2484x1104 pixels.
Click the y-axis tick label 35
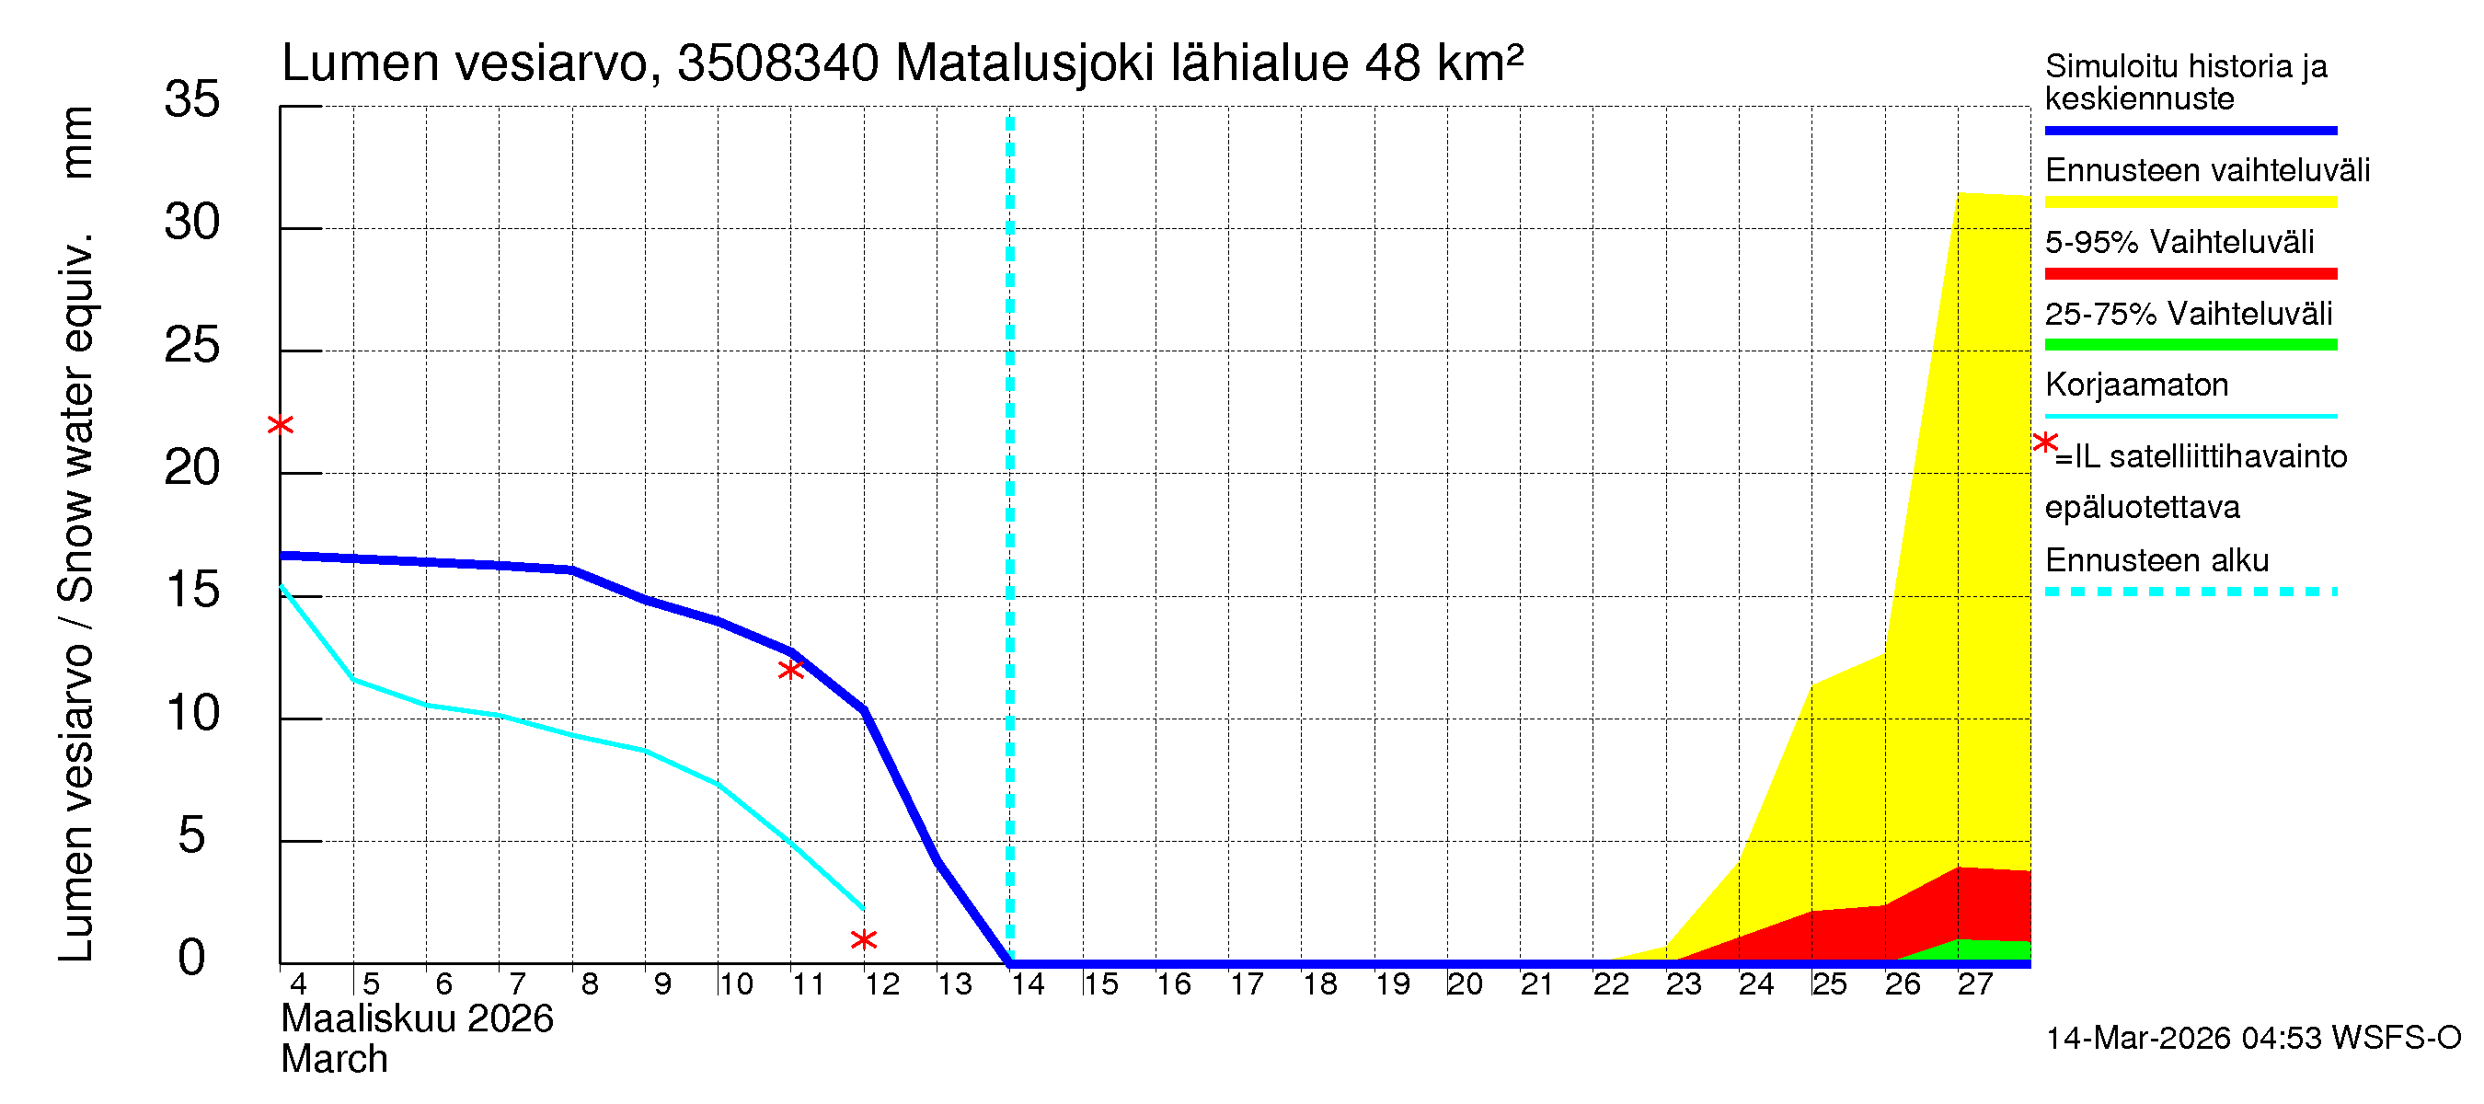point(192,99)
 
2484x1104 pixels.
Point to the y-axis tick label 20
point(192,468)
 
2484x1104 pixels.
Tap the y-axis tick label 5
point(192,836)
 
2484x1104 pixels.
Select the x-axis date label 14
point(1028,985)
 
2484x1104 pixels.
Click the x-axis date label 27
point(1975,985)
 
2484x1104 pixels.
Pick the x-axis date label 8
point(589,985)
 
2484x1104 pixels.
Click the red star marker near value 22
point(280,425)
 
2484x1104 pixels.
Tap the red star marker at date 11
point(790,670)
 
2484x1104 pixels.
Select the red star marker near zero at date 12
point(864,940)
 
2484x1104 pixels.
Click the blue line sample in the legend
point(2190,130)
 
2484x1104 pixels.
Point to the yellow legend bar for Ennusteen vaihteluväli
point(2190,202)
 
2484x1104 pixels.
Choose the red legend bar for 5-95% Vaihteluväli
point(2190,274)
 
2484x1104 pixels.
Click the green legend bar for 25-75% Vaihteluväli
point(2190,345)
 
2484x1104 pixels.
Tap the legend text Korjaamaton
point(2136,385)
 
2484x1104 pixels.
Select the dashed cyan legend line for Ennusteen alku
point(2190,592)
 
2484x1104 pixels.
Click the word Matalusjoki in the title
point(1024,63)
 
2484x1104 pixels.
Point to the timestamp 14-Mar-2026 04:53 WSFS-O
point(2252,1039)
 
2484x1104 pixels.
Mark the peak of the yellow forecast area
point(1960,194)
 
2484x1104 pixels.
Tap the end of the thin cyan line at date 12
point(863,908)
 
